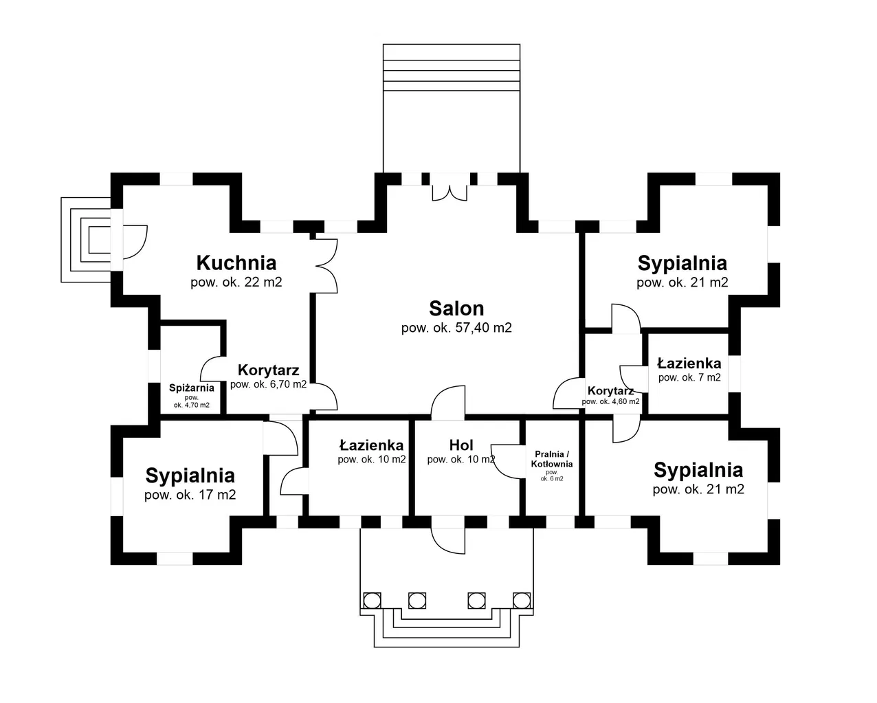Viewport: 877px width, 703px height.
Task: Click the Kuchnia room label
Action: (x=236, y=263)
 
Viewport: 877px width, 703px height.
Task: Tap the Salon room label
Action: (x=456, y=308)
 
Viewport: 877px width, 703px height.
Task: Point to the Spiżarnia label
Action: (x=192, y=388)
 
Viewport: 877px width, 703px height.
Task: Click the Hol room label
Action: (x=460, y=445)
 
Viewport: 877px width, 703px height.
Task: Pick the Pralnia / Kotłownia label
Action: (x=551, y=458)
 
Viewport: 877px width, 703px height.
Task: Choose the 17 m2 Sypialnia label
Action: (x=190, y=475)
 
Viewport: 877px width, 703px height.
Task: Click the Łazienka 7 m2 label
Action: (x=689, y=363)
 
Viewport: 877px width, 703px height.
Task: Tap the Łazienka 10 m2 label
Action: (x=371, y=445)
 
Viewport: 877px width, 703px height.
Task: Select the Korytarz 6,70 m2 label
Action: (x=268, y=371)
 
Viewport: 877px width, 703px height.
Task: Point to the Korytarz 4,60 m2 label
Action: (x=610, y=391)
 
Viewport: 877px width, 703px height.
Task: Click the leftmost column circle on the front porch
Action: (x=372, y=600)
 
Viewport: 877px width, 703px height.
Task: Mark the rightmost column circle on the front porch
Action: (x=522, y=600)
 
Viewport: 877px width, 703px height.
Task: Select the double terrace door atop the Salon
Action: (x=449, y=190)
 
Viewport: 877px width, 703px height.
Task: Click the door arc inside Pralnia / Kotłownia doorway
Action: (x=506, y=462)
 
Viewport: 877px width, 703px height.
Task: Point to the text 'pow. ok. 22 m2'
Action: (x=236, y=282)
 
